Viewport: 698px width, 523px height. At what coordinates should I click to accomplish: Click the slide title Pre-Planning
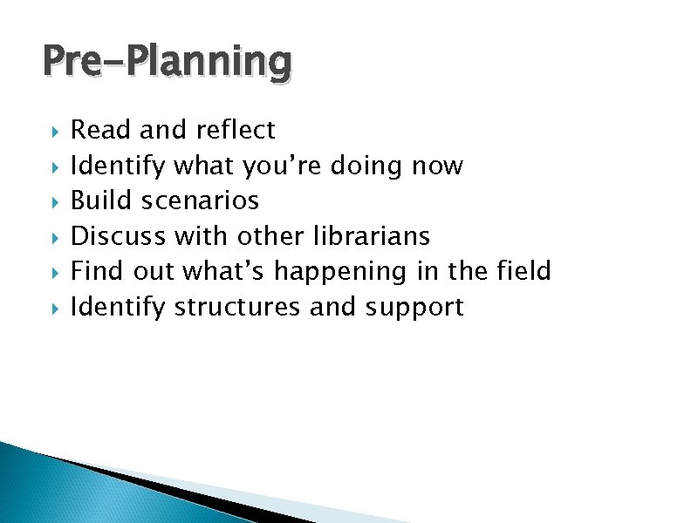tap(168, 63)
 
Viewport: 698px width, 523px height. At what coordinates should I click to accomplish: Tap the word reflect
tap(236, 131)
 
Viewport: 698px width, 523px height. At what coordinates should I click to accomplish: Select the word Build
tap(100, 201)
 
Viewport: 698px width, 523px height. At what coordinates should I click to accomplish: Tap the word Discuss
tap(119, 236)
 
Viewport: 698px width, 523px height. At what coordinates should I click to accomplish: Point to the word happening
tap(340, 272)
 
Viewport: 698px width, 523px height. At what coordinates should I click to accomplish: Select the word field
tap(523, 272)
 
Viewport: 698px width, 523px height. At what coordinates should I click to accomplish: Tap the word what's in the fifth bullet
tap(224, 272)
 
